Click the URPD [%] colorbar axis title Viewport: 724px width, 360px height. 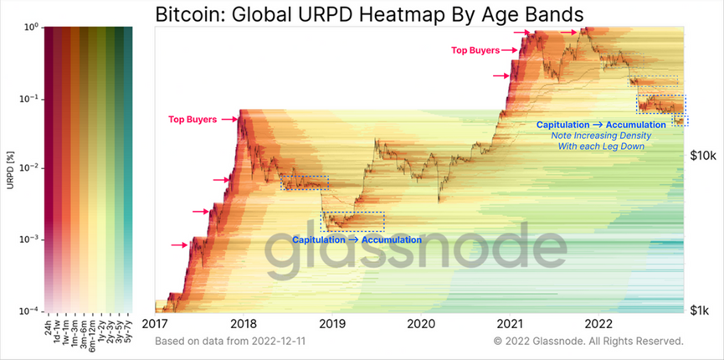click(9, 168)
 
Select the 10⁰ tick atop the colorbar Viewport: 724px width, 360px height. click(27, 28)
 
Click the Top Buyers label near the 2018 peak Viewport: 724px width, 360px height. click(192, 120)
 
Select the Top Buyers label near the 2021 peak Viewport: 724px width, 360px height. click(475, 50)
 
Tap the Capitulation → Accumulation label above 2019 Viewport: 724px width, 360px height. click(357, 239)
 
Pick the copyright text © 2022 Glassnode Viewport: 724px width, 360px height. click(588, 342)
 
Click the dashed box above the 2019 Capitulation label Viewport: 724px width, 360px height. click(353, 221)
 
